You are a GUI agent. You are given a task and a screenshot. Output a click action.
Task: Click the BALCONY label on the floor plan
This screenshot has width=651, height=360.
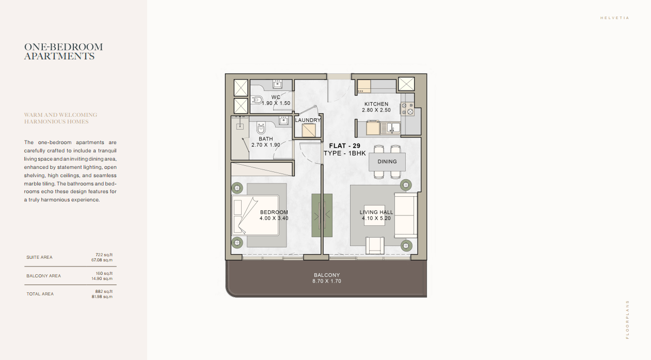click(327, 275)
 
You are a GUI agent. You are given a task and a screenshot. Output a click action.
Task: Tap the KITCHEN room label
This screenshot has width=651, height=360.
click(376, 104)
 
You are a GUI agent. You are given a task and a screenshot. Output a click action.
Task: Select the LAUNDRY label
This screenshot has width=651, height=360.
click(308, 120)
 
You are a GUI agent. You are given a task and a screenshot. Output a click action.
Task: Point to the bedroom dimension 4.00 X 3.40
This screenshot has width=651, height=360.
click(274, 218)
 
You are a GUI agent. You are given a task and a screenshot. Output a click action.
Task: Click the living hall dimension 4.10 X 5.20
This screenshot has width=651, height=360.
click(376, 218)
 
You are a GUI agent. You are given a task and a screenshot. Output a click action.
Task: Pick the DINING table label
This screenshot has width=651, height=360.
click(387, 161)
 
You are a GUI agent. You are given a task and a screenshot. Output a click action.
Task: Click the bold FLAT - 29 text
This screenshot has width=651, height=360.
click(345, 146)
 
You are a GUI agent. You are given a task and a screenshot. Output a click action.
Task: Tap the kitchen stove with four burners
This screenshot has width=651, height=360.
click(407, 109)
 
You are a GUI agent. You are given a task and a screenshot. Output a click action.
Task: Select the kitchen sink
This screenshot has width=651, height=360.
click(391, 128)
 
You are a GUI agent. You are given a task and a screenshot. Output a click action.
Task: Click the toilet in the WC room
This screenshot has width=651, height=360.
click(257, 100)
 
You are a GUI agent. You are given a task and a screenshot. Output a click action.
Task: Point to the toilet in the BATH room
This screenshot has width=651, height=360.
click(261, 128)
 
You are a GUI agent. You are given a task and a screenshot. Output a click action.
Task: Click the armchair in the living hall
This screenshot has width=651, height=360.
click(375, 245)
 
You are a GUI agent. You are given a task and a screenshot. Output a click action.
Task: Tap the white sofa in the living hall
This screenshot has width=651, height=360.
click(406, 215)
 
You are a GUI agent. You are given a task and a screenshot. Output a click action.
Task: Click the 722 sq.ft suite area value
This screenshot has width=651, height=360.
click(104, 255)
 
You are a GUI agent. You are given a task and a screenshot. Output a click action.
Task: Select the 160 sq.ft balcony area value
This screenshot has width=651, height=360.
click(104, 273)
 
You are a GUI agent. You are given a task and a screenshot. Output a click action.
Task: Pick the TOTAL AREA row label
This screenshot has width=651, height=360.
click(40, 294)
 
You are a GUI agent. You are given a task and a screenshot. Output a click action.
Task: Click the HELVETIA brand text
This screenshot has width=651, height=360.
click(615, 18)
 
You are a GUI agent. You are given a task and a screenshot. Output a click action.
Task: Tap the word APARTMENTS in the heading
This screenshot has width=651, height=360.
click(59, 56)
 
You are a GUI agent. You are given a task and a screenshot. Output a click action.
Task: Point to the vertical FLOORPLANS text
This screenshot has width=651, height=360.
click(627, 320)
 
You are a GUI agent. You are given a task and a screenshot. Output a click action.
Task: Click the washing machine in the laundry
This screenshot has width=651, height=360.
click(309, 130)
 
